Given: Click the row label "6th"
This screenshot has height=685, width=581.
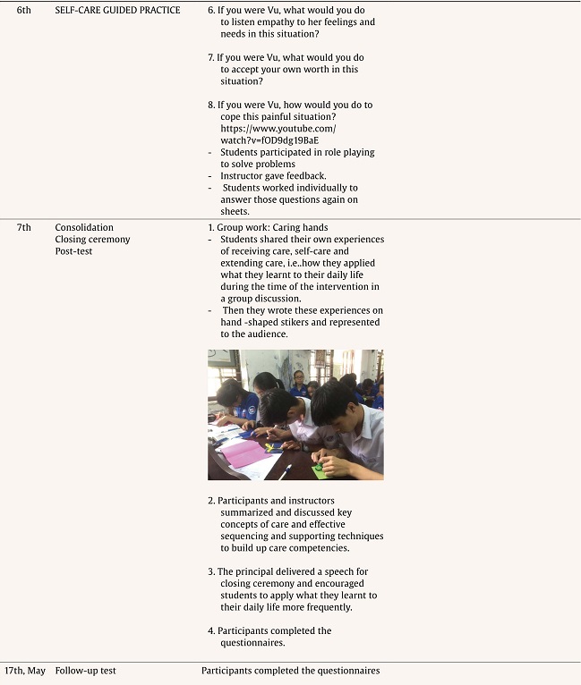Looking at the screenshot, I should tap(23, 10).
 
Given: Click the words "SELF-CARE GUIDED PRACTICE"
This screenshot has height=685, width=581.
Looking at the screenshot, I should tap(117, 10).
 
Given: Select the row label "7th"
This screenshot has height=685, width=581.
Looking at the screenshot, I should tap(24, 227).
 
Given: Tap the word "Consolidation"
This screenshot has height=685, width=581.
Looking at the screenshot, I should tap(84, 227).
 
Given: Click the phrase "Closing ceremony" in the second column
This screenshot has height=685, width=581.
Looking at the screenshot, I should tap(92, 240).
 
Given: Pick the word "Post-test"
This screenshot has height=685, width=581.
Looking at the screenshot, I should tap(73, 251).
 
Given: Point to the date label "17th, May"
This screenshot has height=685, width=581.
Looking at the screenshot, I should tap(25, 670).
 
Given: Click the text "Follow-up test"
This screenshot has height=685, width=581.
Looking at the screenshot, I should tap(85, 670).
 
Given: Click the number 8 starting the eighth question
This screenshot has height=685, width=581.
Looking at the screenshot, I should tap(210, 105).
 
